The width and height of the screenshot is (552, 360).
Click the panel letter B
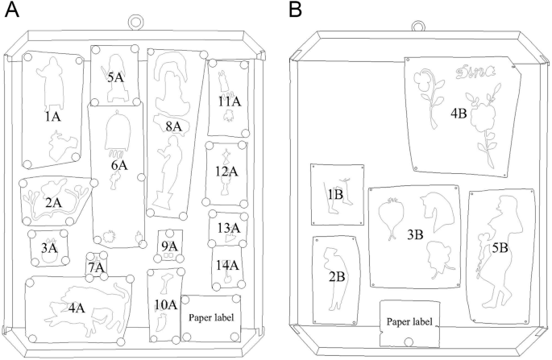tap(296, 10)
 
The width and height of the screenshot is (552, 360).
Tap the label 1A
tap(53, 117)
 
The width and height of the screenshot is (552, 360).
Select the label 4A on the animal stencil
tap(77, 308)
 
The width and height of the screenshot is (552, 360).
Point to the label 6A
tap(119, 165)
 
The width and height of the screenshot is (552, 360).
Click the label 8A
tap(173, 126)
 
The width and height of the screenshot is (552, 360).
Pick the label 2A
tap(53, 202)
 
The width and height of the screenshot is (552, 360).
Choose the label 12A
tap(226, 171)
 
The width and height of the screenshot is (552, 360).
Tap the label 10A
tap(165, 304)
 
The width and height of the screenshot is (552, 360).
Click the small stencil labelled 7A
tap(96, 267)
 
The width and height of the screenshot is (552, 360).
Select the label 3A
tap(49, 248)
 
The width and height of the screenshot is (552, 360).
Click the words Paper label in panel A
tap(210, 317)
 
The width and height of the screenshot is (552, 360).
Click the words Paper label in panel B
tap(409, 322)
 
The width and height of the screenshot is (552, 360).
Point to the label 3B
tap(416, 234)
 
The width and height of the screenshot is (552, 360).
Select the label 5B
tap(500, 247)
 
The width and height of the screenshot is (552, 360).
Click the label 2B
tap(337, 276)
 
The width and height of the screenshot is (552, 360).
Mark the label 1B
tap(335, 194)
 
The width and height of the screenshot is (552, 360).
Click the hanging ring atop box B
tap(417, 23)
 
